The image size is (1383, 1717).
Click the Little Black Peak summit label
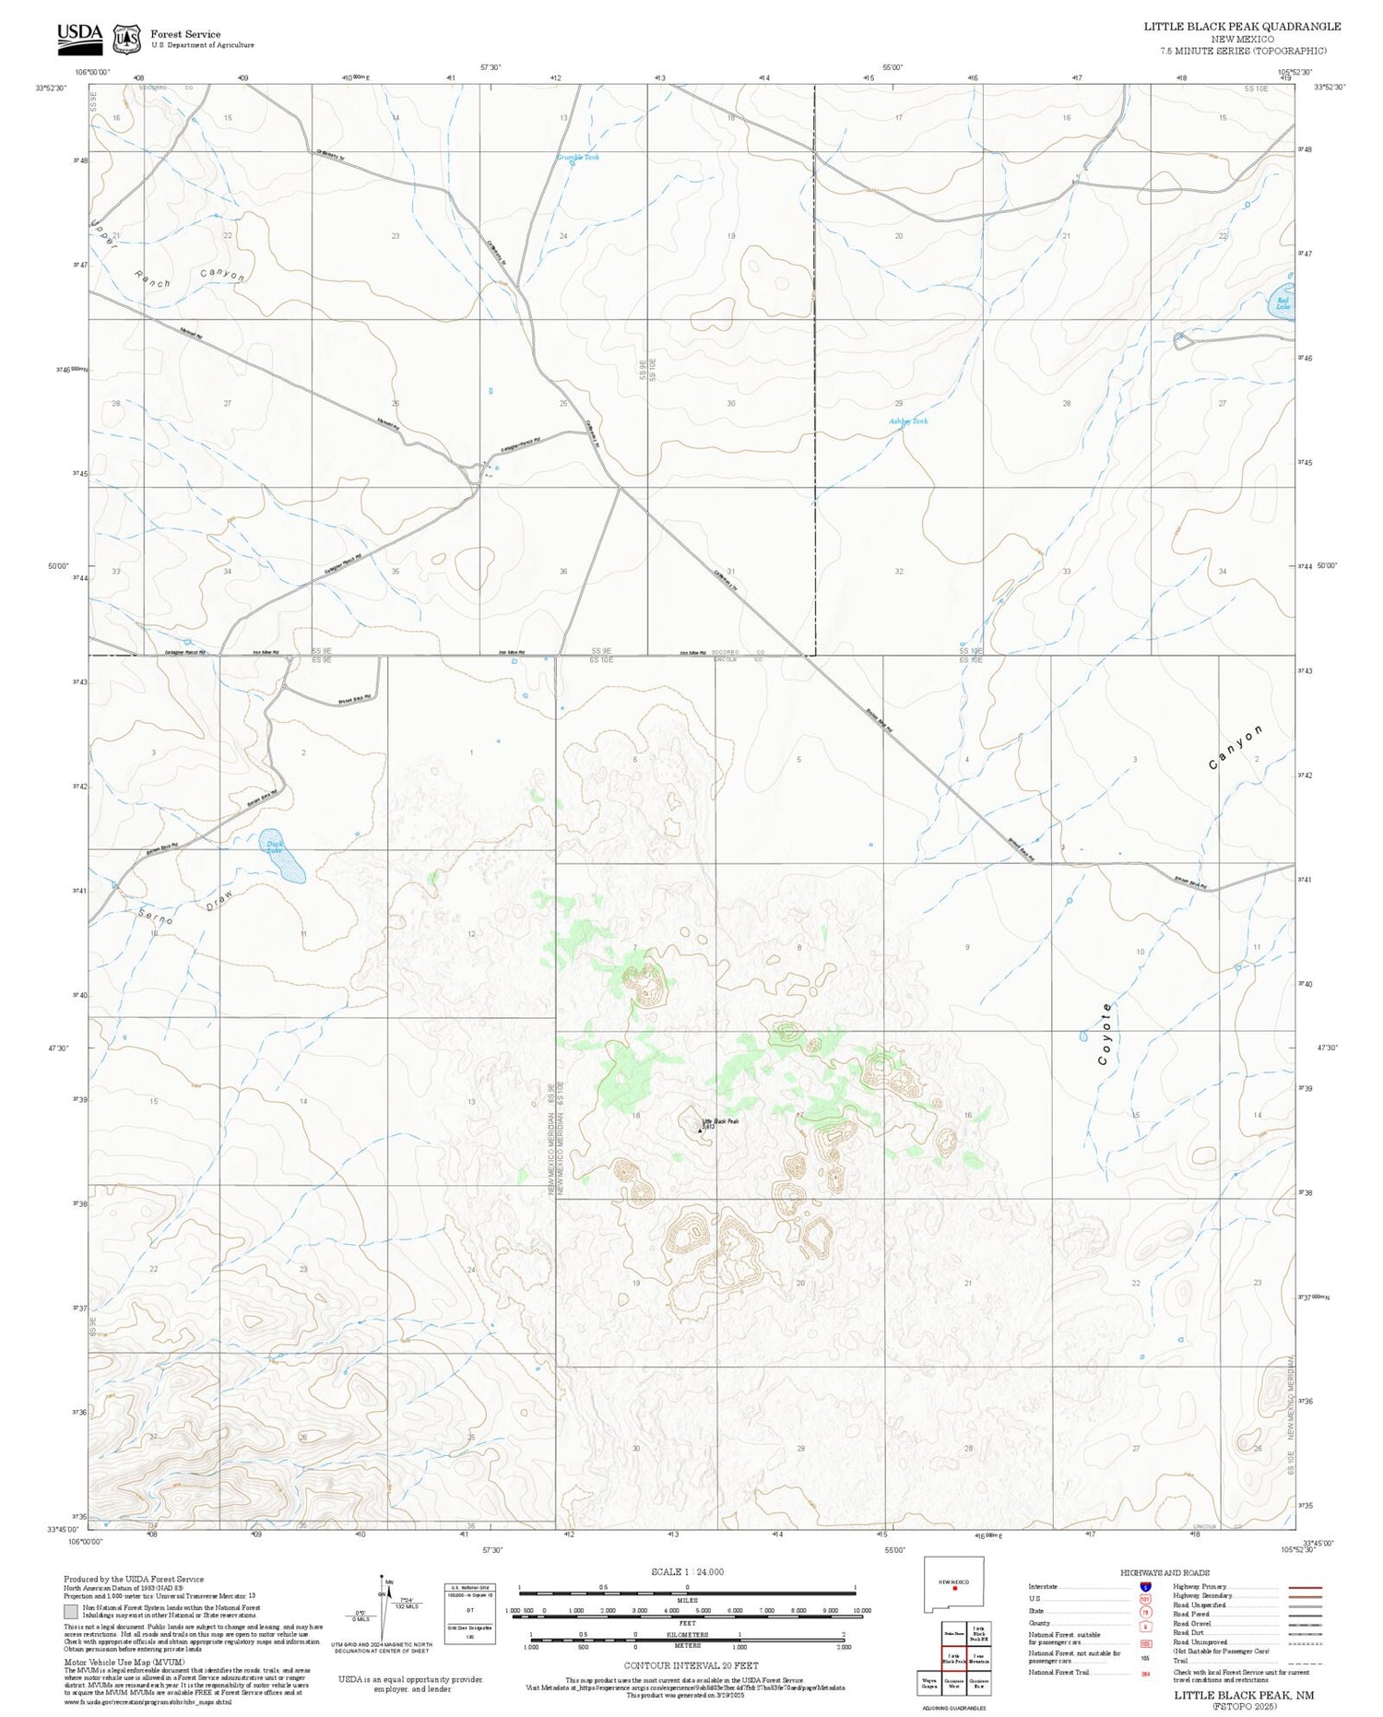click(x=721, y=1121)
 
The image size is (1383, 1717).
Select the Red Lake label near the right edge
click(x=1283, y=302)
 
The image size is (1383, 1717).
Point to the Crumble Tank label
click(x=578, y=158)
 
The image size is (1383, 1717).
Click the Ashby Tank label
click(x=908, y=421)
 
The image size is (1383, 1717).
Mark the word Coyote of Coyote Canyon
click(x=1106, y=1034)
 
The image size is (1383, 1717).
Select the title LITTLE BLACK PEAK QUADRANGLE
click(x=1242, y=27)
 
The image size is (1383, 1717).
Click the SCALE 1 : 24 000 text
click(x=687, y=1572)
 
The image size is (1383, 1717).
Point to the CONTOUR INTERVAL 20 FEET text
click(x=691, y=1665)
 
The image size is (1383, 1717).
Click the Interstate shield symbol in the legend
click(x=1145, y=1587)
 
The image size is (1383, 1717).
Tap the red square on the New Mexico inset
click(x=955, y=1588)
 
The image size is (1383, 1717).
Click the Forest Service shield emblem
click(x=126, y=39)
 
